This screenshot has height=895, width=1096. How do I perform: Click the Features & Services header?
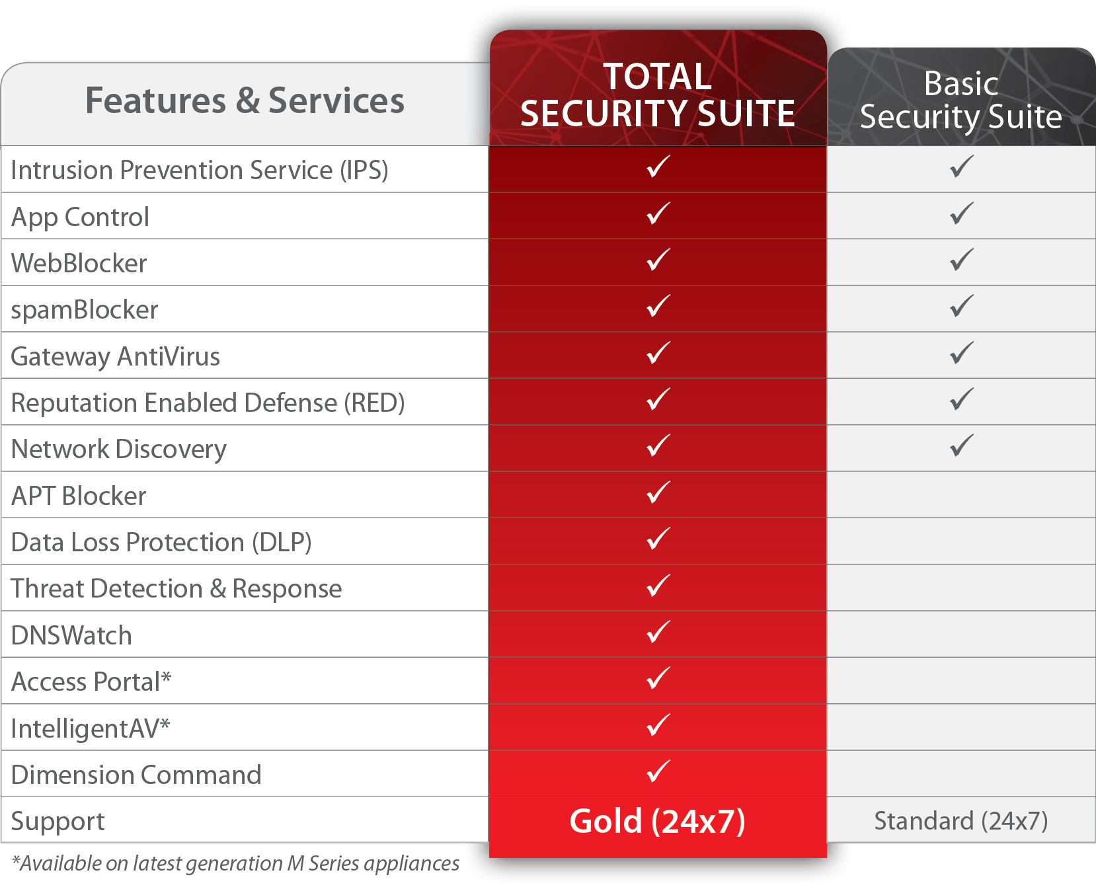click(x=245, y=101)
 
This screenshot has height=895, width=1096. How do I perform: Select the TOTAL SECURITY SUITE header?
click(x=658, y=95)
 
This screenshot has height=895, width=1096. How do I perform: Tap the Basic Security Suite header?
click(x=961, y=100)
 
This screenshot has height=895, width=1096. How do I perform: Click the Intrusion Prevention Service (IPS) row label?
click(x=200, y=171)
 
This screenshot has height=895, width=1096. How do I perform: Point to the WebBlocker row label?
click(x=79, y=263)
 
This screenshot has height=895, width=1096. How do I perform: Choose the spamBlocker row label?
click(x=85, y=310)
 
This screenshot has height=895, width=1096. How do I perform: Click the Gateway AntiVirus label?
click(x=116, y=357)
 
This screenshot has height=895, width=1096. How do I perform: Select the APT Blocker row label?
click(x=79, y=496)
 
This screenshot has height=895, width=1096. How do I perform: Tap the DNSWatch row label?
click(x=71, y=635)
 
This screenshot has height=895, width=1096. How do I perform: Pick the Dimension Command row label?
click(x=136, y=775)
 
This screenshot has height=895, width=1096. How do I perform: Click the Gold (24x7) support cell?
click(x=658, y=822)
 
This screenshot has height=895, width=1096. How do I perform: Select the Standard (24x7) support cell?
click(x=961, y=821)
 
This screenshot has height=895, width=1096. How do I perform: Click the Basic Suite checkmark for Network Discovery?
click(x=962, y=446)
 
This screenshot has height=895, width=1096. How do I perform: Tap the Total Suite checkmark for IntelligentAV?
click(x=658, y=725)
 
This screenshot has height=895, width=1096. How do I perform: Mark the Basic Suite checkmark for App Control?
click(x=962, y=214)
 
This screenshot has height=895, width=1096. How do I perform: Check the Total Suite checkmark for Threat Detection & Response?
click(x=658, y=586)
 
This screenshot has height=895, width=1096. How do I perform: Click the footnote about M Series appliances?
click(x=235, y=863)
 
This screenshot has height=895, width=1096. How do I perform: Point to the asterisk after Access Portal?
click(x=166, y=676)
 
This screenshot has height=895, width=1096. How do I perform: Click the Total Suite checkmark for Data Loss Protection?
click(x=658, y=539)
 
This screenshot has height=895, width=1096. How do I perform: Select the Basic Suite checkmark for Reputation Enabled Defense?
click(x=962, y=399)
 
